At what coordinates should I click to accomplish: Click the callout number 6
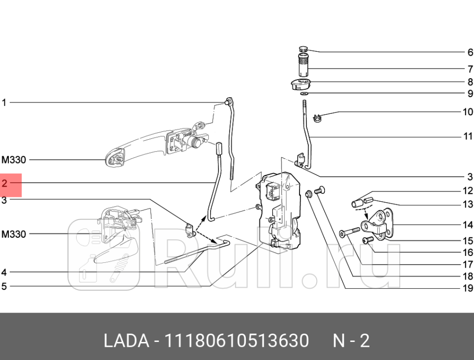470,53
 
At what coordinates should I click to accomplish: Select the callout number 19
467,288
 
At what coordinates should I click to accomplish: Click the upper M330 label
14,160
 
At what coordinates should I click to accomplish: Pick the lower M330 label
14,234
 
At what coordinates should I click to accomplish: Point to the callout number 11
467,137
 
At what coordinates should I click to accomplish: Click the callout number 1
4,103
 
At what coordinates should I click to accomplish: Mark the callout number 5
4,286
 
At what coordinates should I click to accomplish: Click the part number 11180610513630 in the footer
238,340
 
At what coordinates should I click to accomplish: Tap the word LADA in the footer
126,340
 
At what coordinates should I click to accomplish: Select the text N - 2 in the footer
351,340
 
